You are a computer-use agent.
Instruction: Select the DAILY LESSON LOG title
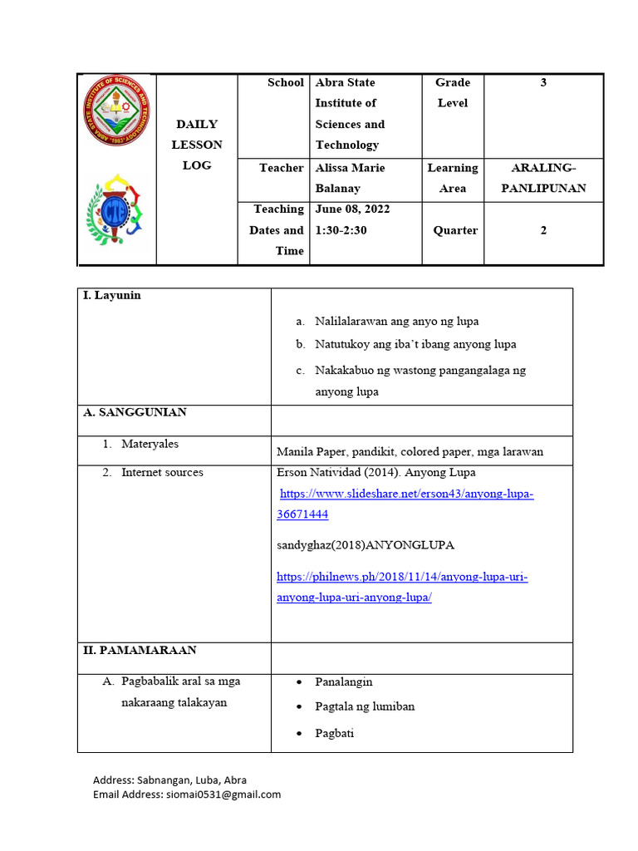click(x=197, y=145)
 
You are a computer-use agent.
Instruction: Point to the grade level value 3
click(x=543, y=82)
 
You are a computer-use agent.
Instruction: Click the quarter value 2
click(x=543, y=230)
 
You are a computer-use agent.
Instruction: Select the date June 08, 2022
click(x=352, y=209)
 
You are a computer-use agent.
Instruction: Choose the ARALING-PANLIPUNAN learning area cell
click(x=543, y=178)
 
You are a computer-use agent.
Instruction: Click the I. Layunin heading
click(x=111, y=296)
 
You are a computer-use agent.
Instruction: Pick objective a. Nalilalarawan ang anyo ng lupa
click(x=396, y=321)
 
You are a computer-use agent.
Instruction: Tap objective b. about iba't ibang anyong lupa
click(x=415, y=344)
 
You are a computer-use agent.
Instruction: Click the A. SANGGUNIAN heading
click(x=134, y=412)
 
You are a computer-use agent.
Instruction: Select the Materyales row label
click(x=150, y=444)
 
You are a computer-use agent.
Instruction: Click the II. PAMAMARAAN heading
click(x=138, y=650)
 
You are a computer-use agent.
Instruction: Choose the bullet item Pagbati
click(x=334, y=733)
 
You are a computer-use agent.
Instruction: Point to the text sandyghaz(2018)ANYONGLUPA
click(x=366, y=545)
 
